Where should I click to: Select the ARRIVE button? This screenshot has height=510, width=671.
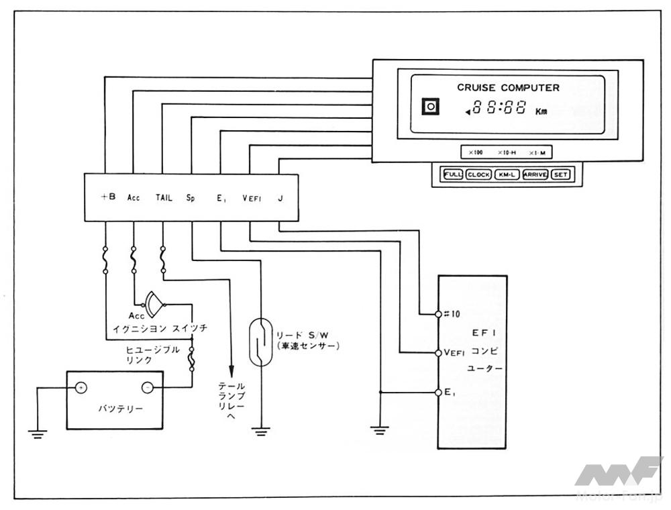click(x=535, y=175)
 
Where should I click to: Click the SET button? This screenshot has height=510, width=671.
click(x=561, y=175)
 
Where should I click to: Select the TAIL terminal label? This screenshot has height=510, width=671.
click(x=164, y=198)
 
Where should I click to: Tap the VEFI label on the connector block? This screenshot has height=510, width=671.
click(x=253, y=198)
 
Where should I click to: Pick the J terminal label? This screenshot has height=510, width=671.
click(x=280, y=198)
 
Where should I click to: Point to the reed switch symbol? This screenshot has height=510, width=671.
click(x=259, y=342)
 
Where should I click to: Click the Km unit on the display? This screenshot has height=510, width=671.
click(x=541, y=111)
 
